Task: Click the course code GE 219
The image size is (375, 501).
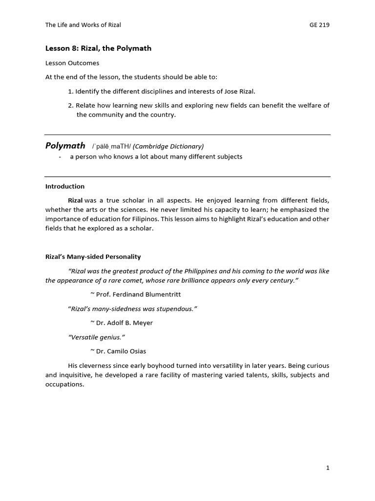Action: point(320,25)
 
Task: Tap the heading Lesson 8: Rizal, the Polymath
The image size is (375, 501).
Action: point(98,48)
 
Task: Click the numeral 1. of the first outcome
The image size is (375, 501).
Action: point(71,91)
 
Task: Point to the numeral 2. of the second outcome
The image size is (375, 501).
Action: point(71,105)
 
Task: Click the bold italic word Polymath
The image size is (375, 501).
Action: point(65,145)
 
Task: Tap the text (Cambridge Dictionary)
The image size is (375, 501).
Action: point(168,146)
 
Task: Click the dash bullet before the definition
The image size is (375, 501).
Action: point(59,157)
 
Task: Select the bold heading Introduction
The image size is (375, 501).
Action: point(65,186)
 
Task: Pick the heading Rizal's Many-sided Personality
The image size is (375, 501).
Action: point(93,257)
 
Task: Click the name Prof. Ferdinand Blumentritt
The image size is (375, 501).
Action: point(132,295)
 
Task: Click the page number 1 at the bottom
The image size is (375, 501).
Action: point(328,468)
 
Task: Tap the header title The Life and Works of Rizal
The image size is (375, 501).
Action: point(83,25)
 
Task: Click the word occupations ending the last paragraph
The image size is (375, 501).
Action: point(64,385)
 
